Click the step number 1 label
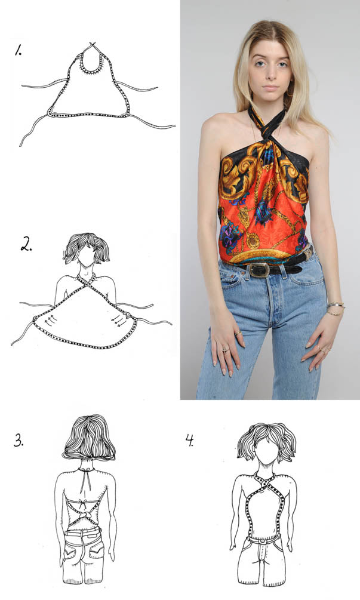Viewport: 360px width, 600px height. point(18,50)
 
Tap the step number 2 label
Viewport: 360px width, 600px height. point(26,244)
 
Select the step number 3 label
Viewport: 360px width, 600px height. point(19,441)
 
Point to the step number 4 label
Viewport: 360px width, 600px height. point(190,441)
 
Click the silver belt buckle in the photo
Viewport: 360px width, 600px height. point(259,270)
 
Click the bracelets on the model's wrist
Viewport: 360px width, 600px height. point(336,309)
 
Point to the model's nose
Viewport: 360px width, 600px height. point(270,74)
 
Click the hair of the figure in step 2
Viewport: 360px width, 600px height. point(86,247)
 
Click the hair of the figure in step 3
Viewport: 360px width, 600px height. point(89,437)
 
